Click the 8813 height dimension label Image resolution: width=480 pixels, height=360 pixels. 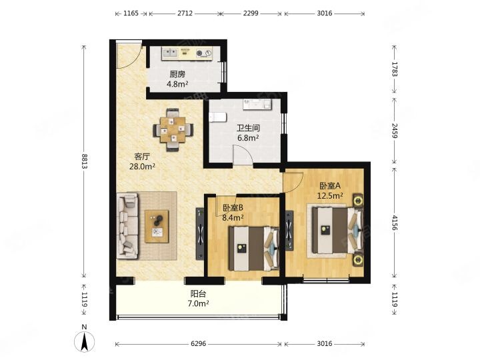tap(85, 161)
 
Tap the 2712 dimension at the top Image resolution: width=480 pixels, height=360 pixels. tap(185, 13)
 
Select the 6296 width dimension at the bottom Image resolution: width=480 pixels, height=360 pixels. tap(199, 344)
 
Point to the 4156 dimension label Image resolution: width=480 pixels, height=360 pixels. tap(395, 223)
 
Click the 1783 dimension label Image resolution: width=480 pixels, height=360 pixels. tap(395, 69)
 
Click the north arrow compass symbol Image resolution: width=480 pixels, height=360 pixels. tap(85, 340)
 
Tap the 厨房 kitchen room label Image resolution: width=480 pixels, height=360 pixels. tap(177, 74)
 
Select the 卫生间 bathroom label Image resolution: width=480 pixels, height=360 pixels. tap(248, 127)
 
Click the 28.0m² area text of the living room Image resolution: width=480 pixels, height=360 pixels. tap(142, 167)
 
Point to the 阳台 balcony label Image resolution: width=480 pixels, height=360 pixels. tap(199, 294)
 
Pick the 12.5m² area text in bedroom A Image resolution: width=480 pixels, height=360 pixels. tap(330, 195)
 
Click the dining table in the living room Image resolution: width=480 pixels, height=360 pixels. tap(173, 130)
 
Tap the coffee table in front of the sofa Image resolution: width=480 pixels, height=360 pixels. tap(157, 226)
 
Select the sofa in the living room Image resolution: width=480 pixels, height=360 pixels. tap(127, 225)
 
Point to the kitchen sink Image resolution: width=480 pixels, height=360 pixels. tap(170, 53)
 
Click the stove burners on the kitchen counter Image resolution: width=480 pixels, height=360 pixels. tap(203, 53)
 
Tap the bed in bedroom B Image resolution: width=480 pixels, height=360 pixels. tap(254, 248)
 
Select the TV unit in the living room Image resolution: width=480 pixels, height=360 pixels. tap(200, 234)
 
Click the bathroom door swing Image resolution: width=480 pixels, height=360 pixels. tap(243, 155)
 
